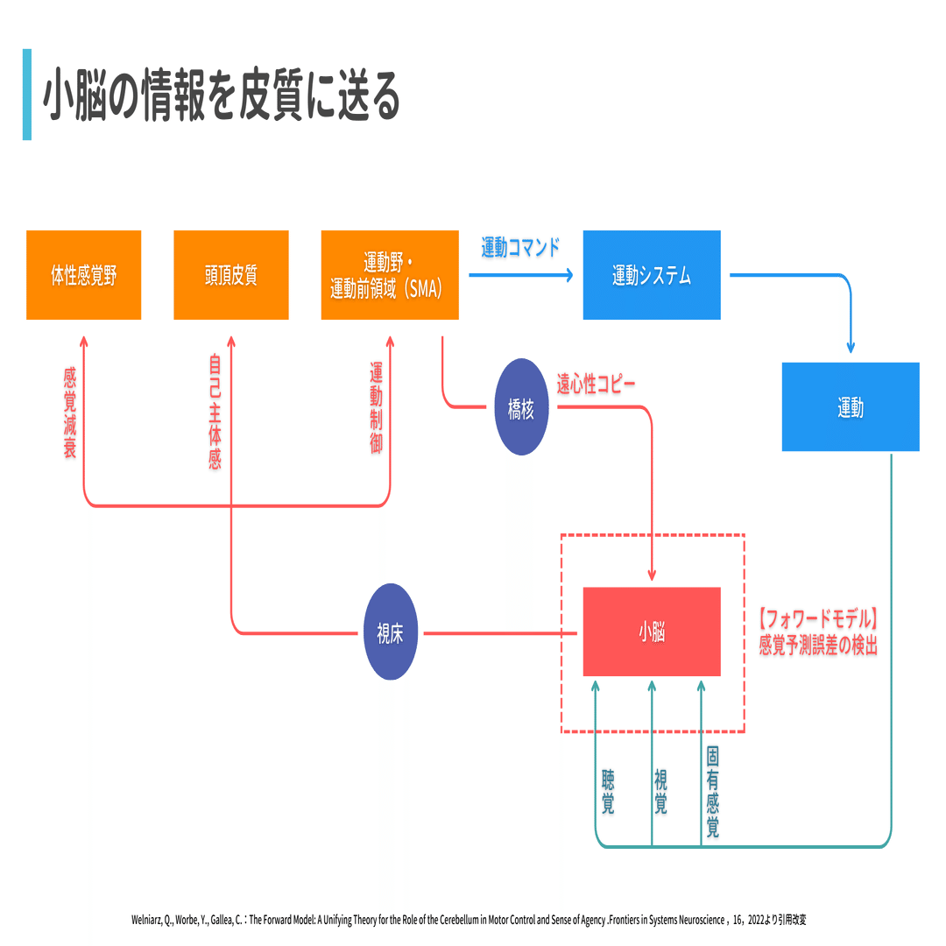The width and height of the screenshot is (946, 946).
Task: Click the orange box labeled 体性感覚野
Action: (x=84, y=274)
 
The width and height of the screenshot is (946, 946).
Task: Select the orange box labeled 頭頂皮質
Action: (x=231, y=274)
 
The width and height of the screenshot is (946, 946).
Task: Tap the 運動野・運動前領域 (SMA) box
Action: (x=390, y=274)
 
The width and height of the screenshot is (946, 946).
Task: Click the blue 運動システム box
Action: (x=652, y=274)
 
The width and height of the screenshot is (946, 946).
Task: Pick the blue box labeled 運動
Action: (x=851, y=406)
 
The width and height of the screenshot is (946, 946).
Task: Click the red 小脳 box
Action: (x=652, y=632)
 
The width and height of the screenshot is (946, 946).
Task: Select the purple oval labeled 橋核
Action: (x=521, y=407)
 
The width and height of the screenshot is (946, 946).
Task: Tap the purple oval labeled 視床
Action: (x=391, y=632)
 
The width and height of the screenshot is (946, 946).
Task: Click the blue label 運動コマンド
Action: (x=520, y=247)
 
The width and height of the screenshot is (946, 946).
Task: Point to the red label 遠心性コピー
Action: (x=596, y=384)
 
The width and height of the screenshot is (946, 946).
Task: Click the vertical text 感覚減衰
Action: (x=70, y=413)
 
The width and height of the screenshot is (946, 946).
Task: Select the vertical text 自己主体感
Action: (x=215, y=413)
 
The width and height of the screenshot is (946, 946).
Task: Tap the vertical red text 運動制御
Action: (x=376, y=408)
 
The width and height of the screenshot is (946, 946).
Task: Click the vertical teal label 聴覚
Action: (x=608, y=792)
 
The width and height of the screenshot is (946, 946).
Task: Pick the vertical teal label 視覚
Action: (x=660, y=792)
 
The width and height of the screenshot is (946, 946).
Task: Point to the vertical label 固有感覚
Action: (x=712, y=792)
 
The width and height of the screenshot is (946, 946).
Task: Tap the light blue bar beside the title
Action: (x=27, y=95)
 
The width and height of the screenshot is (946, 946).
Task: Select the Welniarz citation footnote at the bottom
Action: (x=469, y=920)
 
